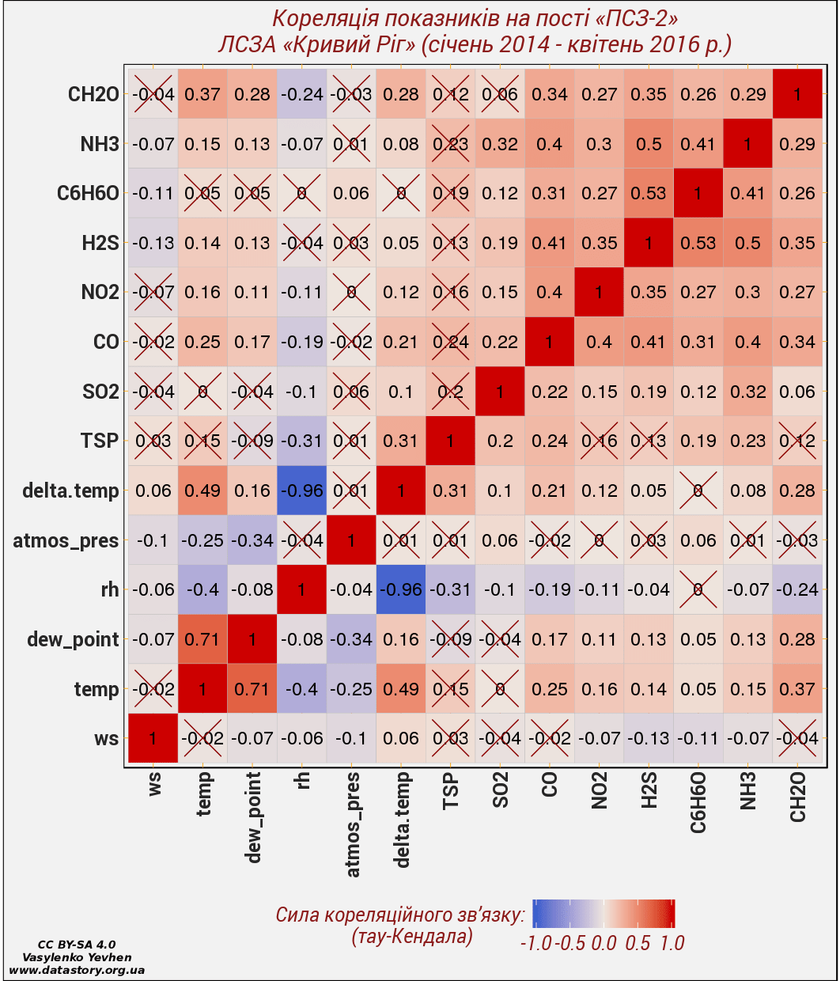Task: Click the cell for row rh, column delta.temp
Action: click(401, 589)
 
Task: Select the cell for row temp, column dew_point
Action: click(252, 689)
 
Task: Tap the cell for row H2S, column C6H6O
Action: click(698, 243)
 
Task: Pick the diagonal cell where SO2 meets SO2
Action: click(500, 392)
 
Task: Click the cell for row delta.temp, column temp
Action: click(202, 490)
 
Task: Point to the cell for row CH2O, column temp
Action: click(202, 94)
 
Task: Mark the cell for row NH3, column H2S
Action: click(649, 144)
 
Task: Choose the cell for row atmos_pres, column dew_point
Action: click(252, 540)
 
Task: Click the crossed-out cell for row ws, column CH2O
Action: click(797, 738)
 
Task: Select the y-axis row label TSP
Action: click(100, 441)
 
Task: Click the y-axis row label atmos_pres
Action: click(66, 541)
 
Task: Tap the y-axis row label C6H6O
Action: click(89, 194)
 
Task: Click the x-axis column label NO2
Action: click(600, 791)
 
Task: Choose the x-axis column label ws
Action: click(154, 785)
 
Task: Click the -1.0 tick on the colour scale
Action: click(535, 942)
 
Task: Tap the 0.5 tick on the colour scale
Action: click(638, 942)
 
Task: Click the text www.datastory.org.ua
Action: click(77, 969)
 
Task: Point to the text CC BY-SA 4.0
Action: click(77, 945)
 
